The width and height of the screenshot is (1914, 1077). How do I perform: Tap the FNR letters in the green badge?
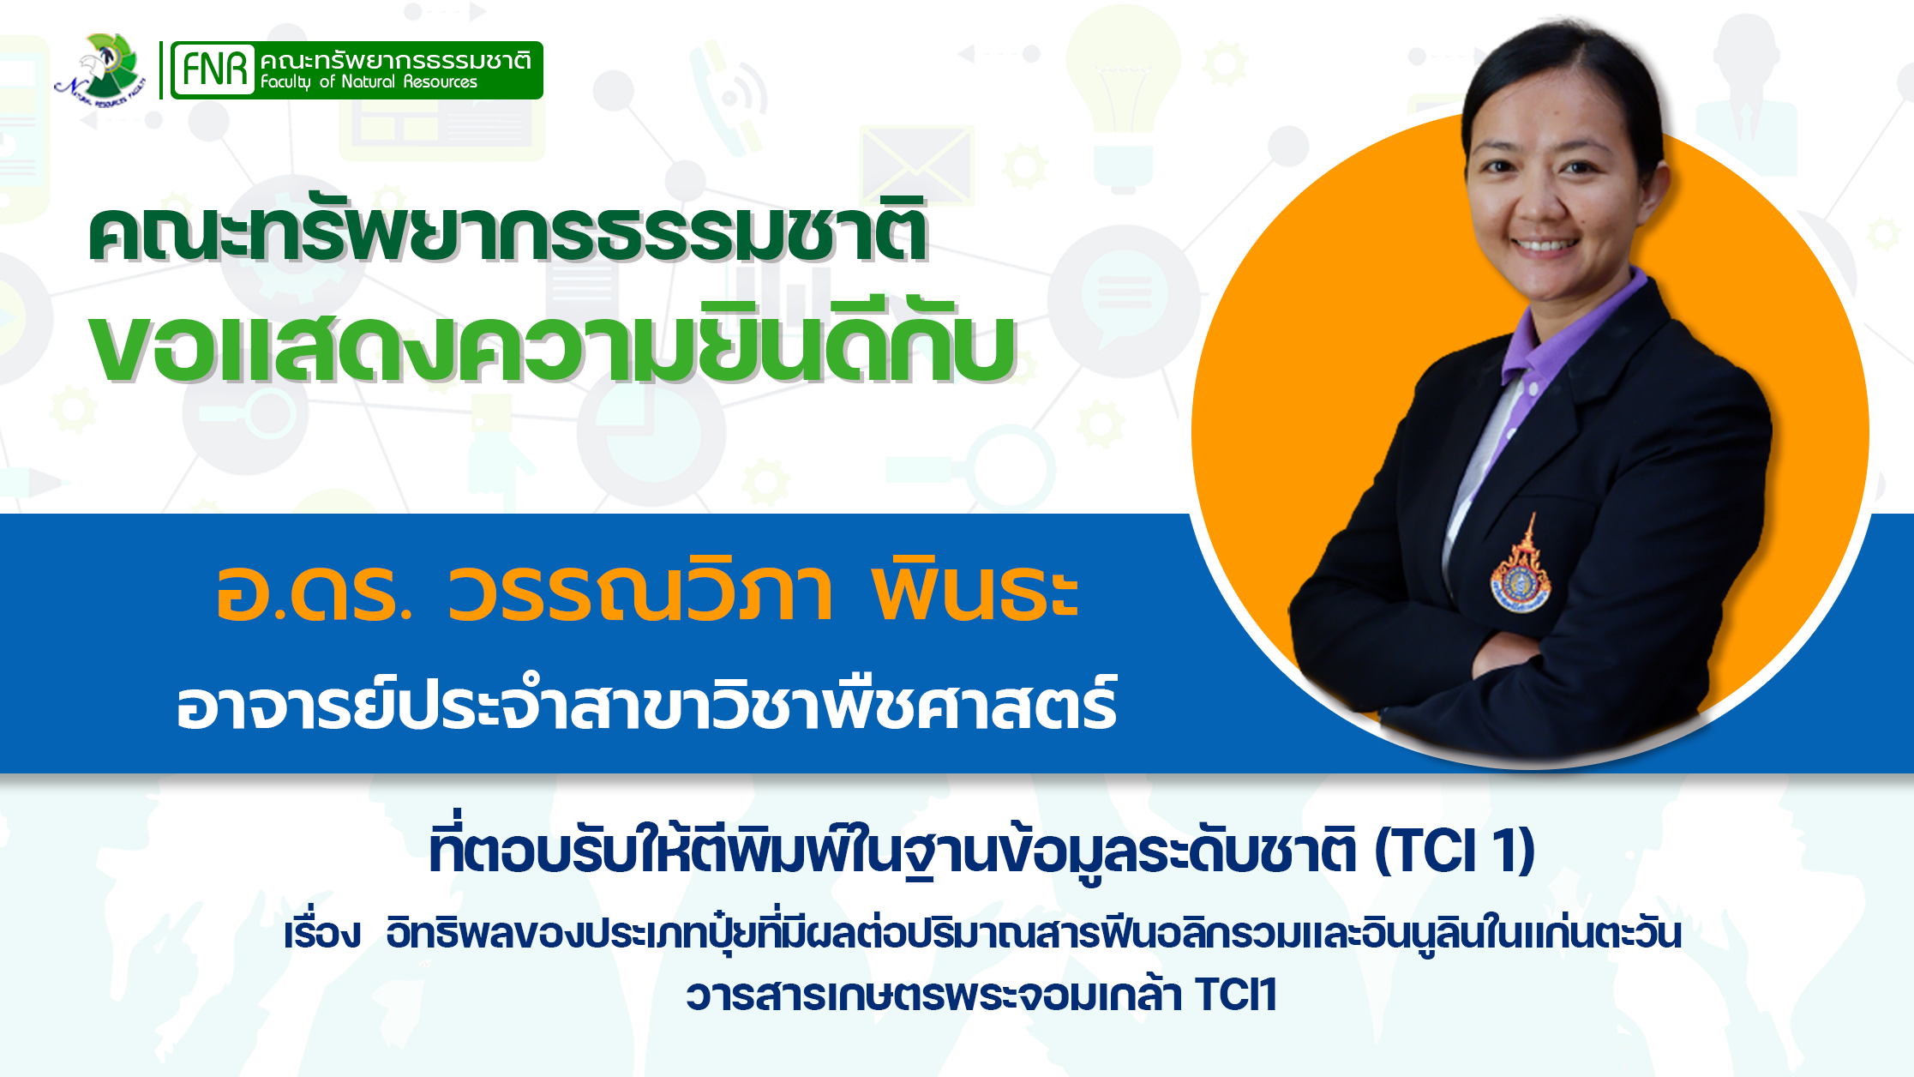point(214,69)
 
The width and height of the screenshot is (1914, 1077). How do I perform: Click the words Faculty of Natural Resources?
point(369,82)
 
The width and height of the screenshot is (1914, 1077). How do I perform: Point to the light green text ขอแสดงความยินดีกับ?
point(553,343)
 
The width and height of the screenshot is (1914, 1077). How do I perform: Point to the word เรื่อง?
point(322,932)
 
